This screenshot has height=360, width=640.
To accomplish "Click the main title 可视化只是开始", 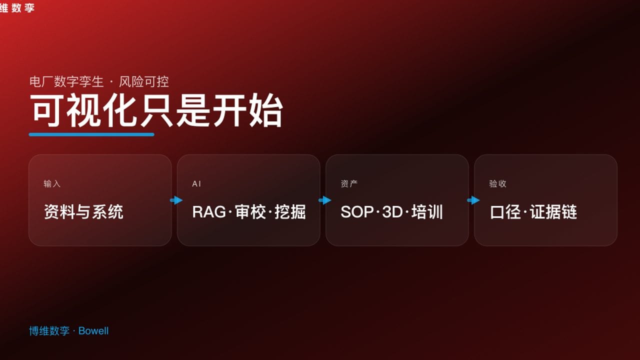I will (156, 110).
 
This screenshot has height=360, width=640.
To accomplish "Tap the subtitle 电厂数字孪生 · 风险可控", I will (99, 81).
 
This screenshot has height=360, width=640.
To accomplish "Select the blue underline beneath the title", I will (91, 134).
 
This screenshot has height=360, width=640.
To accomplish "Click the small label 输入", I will (52, 184).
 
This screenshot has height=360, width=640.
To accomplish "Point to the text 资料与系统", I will (83, 212).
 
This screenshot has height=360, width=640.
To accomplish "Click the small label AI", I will (196, 184).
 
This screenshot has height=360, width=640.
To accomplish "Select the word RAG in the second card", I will (209, 212).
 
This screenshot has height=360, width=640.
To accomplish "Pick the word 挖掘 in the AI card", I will (290, 212).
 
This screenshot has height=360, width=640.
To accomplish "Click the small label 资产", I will (349, 184).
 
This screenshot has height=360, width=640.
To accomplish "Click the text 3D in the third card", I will (392, 212).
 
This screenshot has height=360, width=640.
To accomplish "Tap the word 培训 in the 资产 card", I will (427, 212).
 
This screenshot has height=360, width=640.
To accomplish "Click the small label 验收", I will (497, 184).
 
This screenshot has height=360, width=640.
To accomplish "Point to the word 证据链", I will (554, 212).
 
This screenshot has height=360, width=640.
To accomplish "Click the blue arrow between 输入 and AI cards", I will (176, 200).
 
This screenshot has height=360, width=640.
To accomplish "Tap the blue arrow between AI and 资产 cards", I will (325, 200).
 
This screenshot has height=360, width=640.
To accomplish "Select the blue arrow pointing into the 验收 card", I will (473, 200).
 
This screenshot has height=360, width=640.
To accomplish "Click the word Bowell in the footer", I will (93, 331).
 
